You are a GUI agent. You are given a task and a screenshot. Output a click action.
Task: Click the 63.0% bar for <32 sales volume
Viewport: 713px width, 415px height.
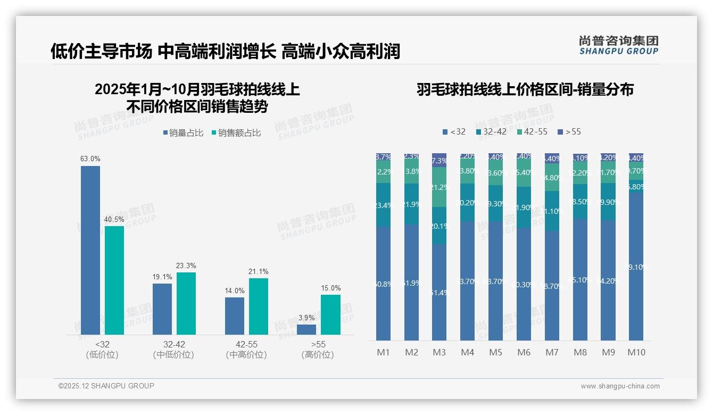tap(90, 250)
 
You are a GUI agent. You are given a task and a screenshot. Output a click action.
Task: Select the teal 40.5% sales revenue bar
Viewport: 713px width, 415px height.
tap(114, 280)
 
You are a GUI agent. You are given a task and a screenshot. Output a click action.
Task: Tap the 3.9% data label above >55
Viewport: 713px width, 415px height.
tap(306, 318)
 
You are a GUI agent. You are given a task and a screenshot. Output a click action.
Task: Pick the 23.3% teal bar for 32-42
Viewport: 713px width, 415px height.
tap(186, 303)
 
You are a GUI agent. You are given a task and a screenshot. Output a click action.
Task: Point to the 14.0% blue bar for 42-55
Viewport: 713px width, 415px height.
tap(235, 316)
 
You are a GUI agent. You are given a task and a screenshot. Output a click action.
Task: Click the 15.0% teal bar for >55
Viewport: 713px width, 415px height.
tap(330, 314)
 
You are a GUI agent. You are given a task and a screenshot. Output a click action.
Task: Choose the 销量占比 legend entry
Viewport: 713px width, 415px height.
tap(183, 133)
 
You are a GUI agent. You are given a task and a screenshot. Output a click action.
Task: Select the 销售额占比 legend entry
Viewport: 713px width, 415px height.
tap(236, 133)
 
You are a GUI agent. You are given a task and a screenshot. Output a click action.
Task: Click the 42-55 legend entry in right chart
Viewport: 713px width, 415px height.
tap(532, 131)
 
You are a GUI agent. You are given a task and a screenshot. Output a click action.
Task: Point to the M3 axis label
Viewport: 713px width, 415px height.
tap(439, 352)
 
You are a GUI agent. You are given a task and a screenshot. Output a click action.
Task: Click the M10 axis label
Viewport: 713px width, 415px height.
tap(636, 352)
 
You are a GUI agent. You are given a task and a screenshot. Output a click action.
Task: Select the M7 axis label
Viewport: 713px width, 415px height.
tap(552, 352)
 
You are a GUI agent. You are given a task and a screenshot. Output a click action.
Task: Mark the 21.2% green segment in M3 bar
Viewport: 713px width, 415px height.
tap(439, 187)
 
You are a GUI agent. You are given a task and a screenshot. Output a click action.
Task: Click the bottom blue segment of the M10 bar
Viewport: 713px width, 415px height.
tap(636, 266)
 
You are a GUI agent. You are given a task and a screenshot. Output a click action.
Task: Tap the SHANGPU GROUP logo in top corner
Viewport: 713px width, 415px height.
tap(618, 45)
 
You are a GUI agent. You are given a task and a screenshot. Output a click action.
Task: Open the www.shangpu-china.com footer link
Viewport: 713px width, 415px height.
tap(620, 386)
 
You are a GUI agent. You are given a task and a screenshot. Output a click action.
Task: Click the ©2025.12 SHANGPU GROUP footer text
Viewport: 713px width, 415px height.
tap(106, 386)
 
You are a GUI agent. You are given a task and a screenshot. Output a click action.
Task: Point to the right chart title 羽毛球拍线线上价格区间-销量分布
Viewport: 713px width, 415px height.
tap(525, 89)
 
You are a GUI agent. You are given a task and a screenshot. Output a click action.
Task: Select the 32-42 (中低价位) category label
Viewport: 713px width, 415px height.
tap(173, 350)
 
